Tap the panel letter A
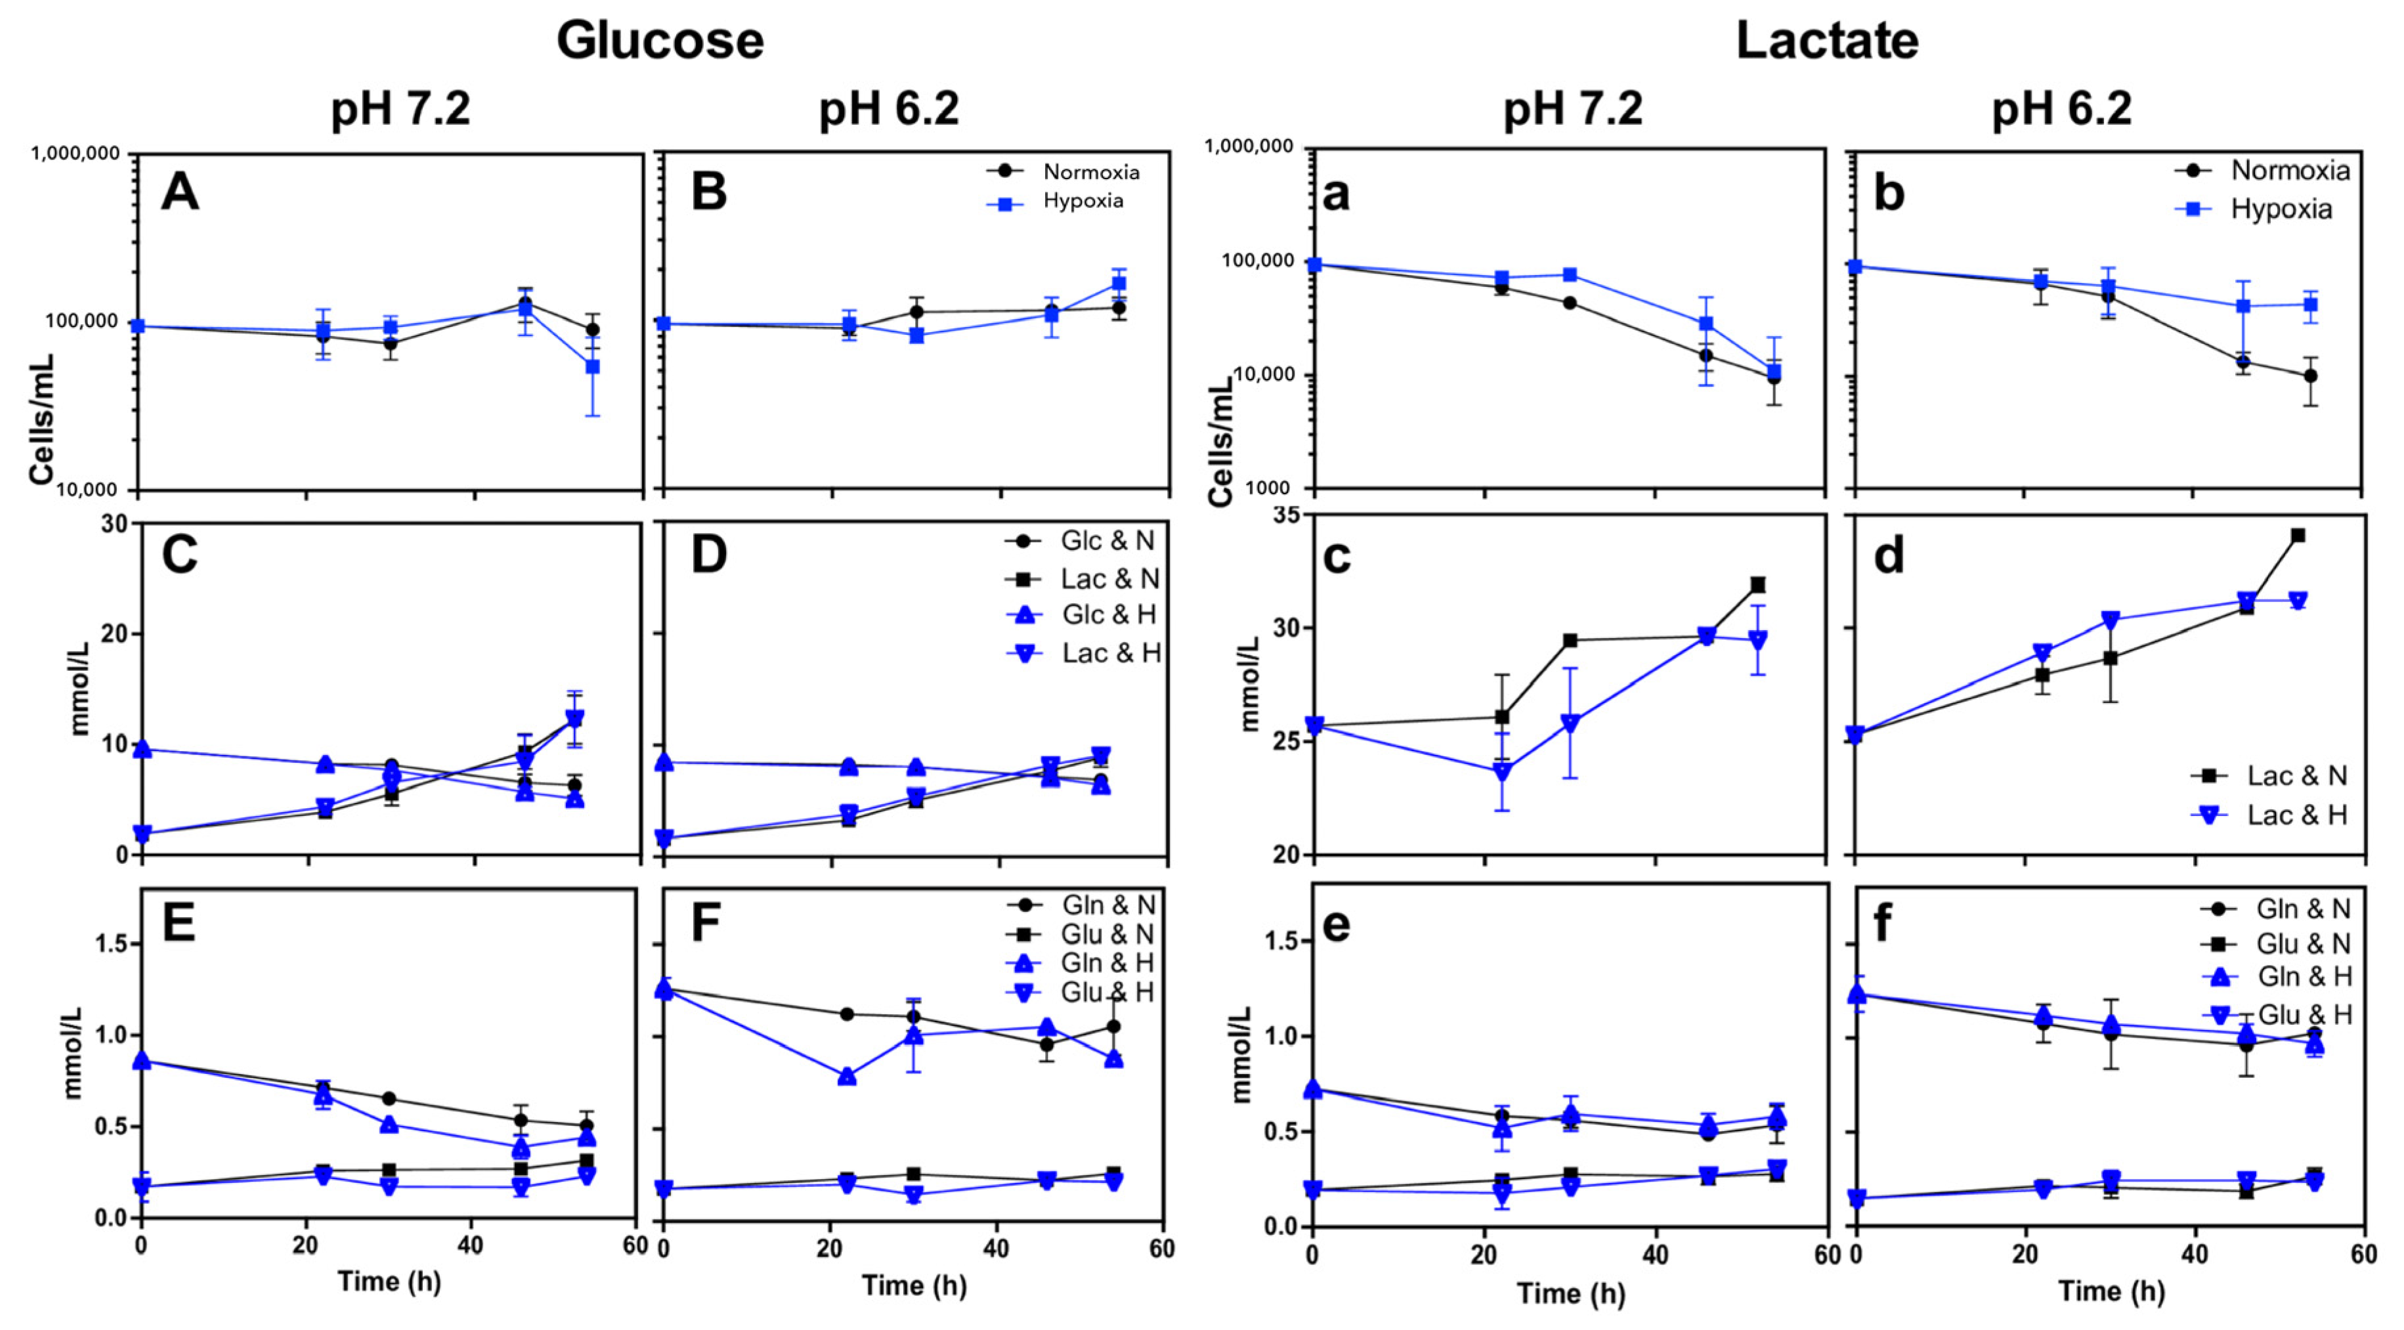180,193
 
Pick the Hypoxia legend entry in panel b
2280,209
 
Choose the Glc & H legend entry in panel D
1107,615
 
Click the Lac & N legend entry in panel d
2296,775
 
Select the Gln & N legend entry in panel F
1107,905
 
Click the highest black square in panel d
2298,536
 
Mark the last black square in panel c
1757,585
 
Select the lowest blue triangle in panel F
848,1076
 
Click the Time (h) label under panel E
388,1281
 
